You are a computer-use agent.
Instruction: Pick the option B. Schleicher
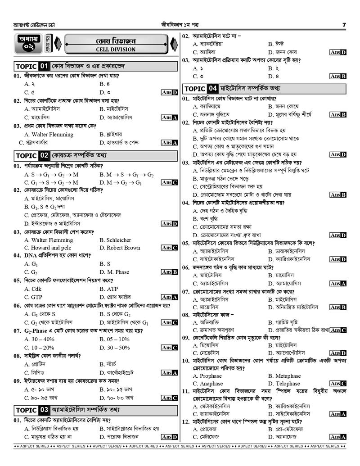pos(115,240)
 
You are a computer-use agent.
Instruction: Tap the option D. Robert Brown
pos(120,248)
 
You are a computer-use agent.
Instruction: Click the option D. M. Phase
pos(114,272)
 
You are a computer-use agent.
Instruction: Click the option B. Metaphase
pos(284,376)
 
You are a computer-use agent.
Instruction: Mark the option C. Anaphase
pos(207,384)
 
